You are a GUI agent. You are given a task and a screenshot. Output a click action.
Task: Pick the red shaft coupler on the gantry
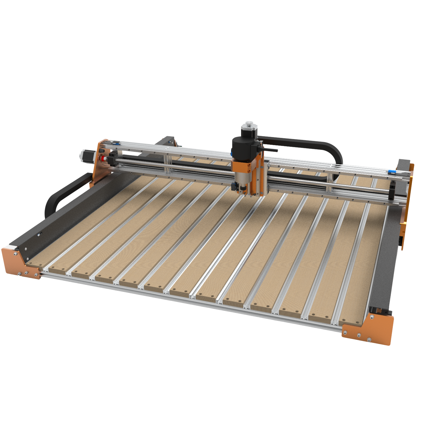[102, 158]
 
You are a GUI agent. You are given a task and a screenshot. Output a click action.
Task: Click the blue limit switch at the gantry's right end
[391, 172]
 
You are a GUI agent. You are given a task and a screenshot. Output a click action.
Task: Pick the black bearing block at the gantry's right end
[392, 191]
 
